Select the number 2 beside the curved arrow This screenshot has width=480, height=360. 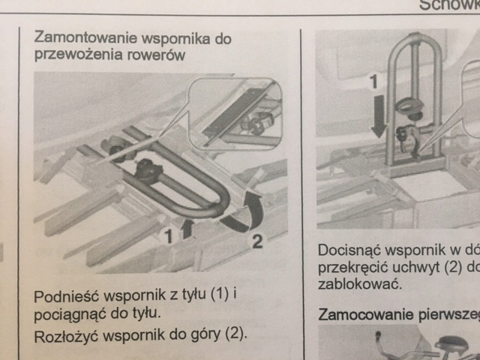click(256, 241)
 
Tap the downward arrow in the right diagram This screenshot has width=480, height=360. click(379, 121)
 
